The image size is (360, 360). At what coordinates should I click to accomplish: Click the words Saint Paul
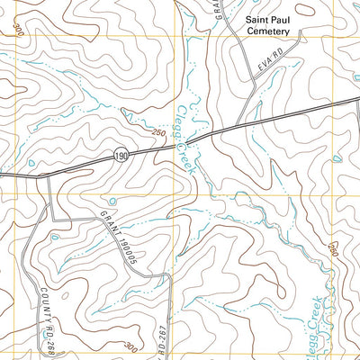(267, 17)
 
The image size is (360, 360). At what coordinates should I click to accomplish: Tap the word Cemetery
(267, 31)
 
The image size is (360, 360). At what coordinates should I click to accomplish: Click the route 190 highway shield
(121, 157)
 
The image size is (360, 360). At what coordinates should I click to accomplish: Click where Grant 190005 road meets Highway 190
(47, 174)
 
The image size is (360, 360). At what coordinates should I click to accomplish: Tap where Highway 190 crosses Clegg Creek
(193, 139)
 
